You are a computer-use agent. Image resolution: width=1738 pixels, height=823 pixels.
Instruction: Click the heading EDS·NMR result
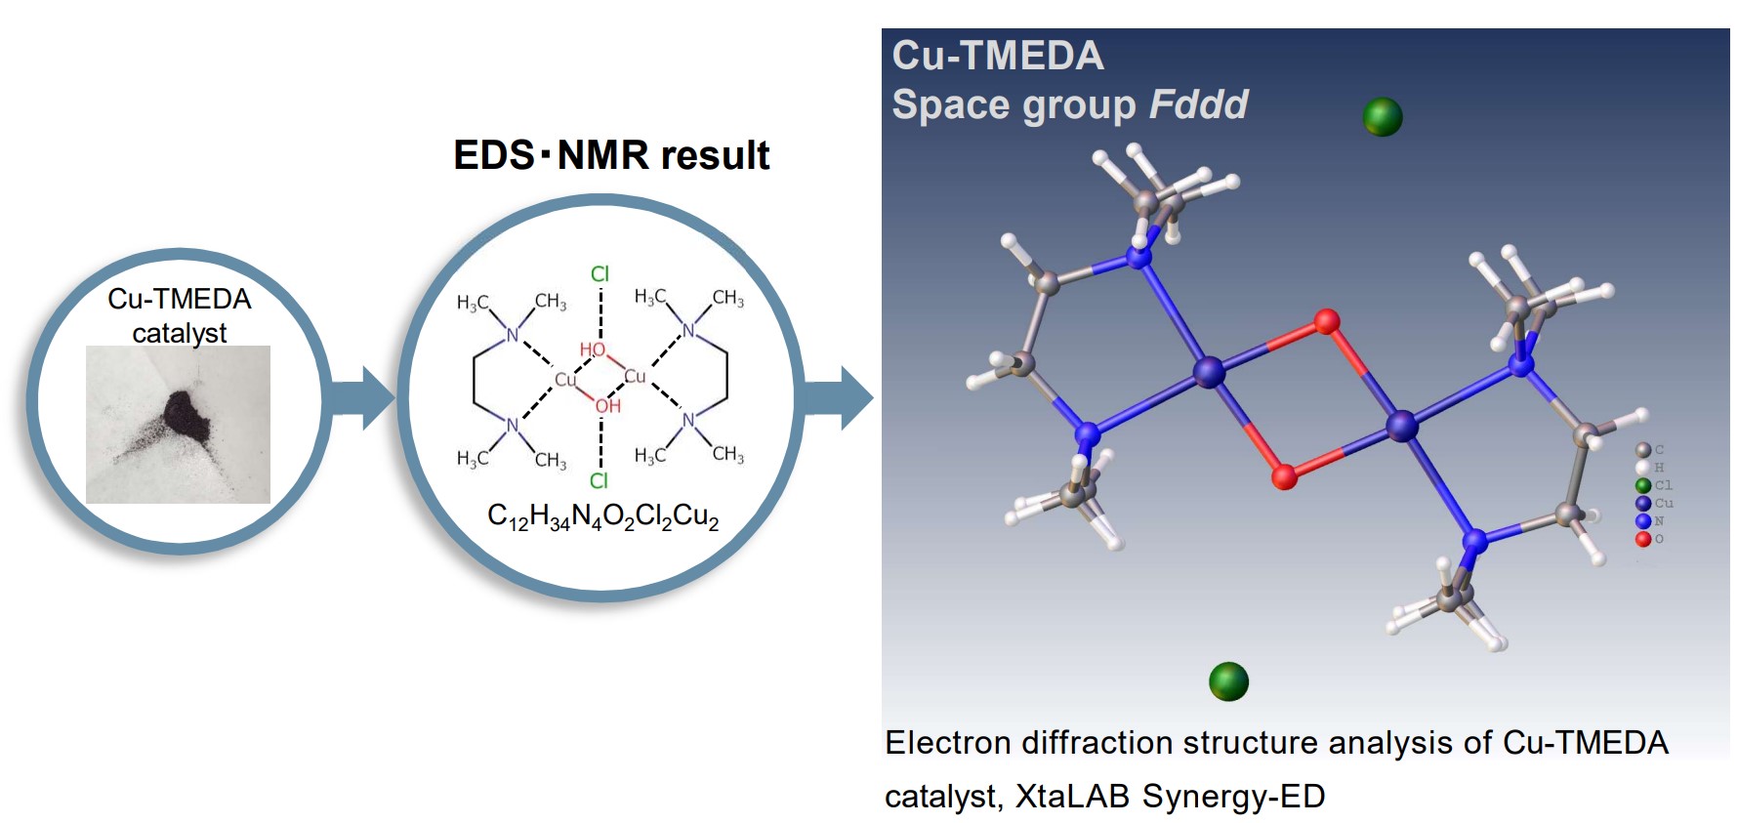[x=611, y=155]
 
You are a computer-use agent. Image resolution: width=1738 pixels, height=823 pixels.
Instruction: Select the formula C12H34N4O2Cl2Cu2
[x=602, y=516]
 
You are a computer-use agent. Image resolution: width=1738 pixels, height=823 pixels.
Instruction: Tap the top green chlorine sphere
[x=1382, y=117]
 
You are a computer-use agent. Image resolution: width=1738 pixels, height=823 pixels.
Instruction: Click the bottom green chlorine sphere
[x=1228, y=681]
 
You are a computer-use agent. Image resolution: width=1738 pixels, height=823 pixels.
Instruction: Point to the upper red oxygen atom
[x=1326, y=321]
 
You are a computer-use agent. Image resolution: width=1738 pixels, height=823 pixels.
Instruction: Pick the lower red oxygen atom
[x=1284, y=476]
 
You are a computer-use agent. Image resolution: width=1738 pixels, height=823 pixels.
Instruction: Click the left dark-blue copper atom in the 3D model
[x=1209, y=372]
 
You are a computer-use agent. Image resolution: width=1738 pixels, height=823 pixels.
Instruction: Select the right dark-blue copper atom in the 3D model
[x=1402, y=426]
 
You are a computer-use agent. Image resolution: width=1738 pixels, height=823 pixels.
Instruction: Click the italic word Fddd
[x=1198, y=105]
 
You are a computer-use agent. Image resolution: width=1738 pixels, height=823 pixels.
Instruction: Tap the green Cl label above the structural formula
[x=600, y=274]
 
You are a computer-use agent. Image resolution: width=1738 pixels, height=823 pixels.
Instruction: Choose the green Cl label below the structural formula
[x=599, y=480]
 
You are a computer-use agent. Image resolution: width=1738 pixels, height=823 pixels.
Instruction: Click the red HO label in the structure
[x=592, y=350]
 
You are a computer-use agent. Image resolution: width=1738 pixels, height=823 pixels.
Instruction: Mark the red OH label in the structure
[x=608, y=405]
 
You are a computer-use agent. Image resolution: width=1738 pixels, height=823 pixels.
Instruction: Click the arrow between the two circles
[x=361, y=397]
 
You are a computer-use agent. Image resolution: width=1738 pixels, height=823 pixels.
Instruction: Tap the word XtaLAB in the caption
[x=1072, y=797]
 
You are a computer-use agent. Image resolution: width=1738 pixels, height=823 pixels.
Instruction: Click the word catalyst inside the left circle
[x=179, y=333]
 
